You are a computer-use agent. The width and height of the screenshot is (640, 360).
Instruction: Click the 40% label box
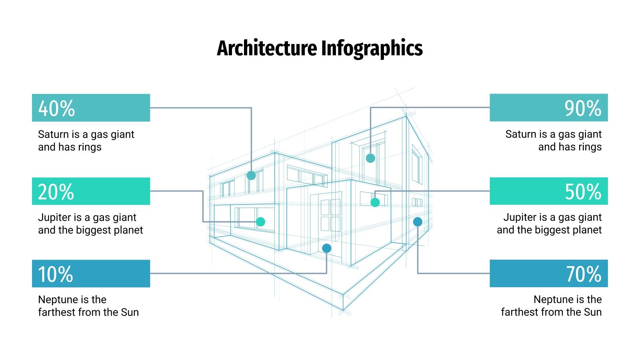point(91,108)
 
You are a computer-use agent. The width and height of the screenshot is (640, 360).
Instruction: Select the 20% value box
point(91,191)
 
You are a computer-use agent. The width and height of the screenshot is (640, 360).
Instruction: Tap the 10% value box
point(91,274)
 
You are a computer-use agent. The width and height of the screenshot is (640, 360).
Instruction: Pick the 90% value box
point(548,108)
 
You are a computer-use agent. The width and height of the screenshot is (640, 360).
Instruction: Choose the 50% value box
point(548,191)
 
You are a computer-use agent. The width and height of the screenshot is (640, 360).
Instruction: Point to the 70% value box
point(548,274)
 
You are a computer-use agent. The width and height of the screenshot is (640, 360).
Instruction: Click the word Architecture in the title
point(267,48)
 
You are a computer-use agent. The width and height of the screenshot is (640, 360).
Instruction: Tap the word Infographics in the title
point(372,48)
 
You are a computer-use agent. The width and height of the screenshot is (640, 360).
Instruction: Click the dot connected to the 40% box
point(251,175)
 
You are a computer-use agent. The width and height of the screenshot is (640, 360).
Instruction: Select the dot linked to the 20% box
point(260,222)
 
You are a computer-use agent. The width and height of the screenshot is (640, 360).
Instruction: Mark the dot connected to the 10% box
point(327,248)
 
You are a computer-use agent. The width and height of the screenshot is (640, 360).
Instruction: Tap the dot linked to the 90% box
point(370,158)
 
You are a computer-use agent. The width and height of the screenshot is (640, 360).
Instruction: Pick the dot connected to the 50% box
point(375,202)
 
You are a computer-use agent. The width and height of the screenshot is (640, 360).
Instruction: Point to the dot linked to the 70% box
point(418,222)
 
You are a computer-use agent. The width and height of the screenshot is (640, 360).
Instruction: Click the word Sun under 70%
point(592,312)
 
